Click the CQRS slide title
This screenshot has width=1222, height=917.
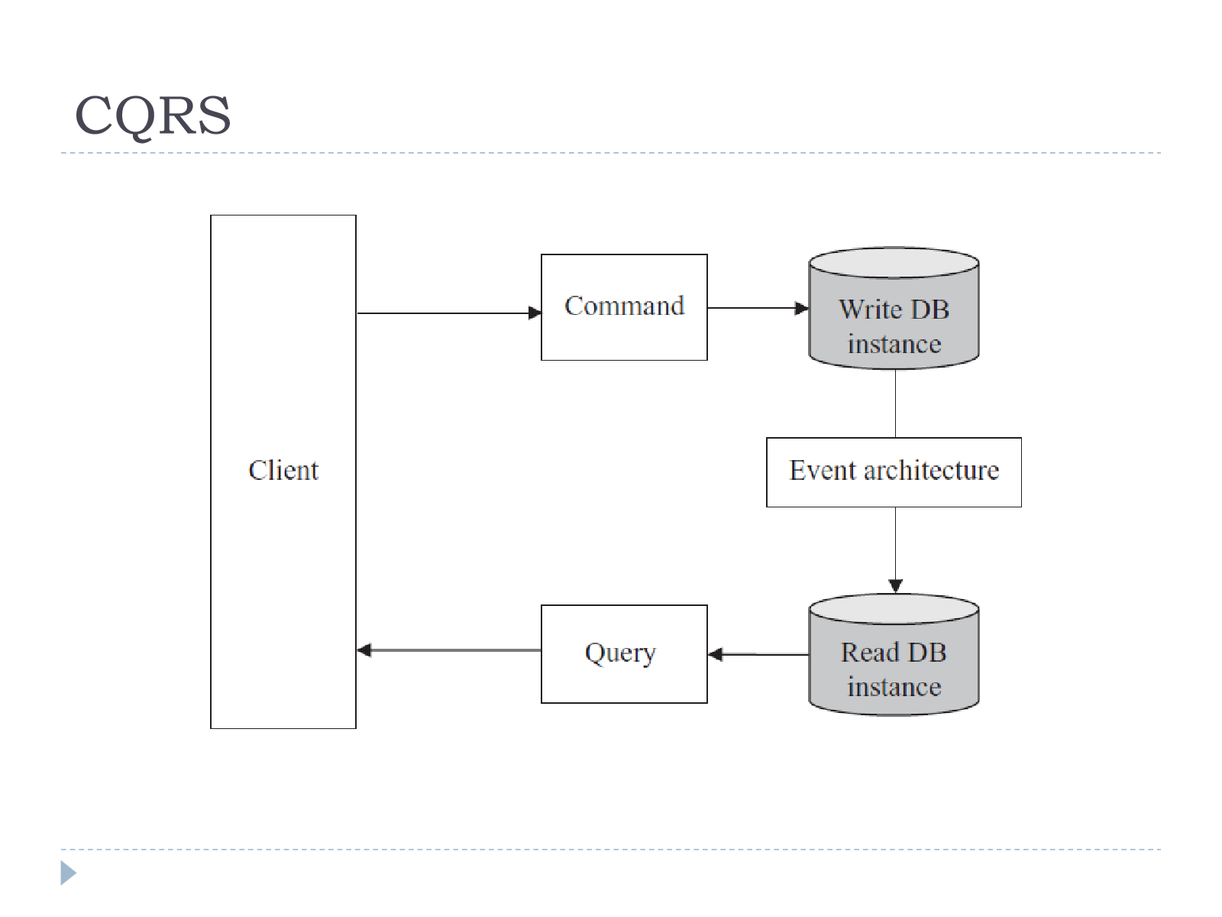(x=153, y=115)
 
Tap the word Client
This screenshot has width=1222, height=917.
(x=283, y=471)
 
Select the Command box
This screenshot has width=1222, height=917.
(x=624, y=307)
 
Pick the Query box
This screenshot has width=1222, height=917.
(x=624, y=654)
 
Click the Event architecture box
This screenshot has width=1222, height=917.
(x=894, y=472)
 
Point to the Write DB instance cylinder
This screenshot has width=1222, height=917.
(x=894, y=308)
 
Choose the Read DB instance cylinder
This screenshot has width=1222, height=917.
(x=894, y=655)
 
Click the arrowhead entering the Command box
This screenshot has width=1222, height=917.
(x=535, y=313)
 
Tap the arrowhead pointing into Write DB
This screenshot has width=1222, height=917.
(x=802, y=308)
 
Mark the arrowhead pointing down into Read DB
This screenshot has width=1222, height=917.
(x=895, y=586)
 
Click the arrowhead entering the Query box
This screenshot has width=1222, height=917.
(x=715, y=655)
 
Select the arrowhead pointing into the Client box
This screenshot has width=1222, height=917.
(x=364, y=650)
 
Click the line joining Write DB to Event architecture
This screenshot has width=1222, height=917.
(x=895, y=403)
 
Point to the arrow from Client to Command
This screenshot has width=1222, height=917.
(x=449, y=313)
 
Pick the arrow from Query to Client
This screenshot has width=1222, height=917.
(x=449, y=650)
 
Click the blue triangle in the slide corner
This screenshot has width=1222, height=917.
(x=67, y=873)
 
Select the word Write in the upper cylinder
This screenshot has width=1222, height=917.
(x=870, y=309)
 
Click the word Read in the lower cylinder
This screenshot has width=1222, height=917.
(x=870, y=653)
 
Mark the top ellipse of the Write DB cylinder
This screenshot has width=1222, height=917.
(x=894, y=262)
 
